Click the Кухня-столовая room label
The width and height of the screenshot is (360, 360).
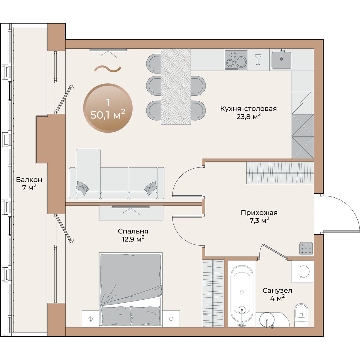[248, 109]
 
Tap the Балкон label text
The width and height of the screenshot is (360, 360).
[29, 180]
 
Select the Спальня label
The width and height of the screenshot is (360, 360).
[133, 231]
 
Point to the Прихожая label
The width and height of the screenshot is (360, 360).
[259, 213]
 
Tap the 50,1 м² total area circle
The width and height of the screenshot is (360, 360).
[108, 108]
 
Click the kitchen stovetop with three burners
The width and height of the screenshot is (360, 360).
[236, 60]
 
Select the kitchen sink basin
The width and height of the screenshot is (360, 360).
[281, 60]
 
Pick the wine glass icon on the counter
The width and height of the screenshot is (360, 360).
[258, 59]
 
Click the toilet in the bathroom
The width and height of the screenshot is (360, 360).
[301, 315]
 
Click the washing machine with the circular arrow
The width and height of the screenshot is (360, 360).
[303, 272]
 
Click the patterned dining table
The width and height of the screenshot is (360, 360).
[176, 86]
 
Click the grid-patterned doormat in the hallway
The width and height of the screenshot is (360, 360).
[306, 249]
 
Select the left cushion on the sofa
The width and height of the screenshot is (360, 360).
[82, 187]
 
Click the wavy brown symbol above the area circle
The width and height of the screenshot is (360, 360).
[108, 69]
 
